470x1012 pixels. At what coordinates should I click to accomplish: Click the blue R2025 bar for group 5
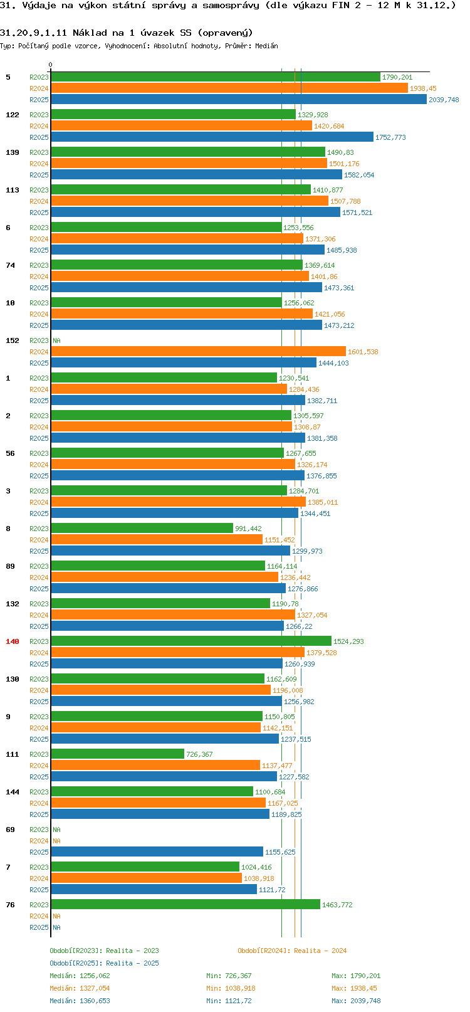pyautogui.click(x=238, y=100)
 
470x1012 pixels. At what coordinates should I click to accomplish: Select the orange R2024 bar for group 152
pyautogui.click(x=198, y=352)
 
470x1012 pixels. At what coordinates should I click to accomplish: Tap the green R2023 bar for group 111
pyautogui.click(x=117, y=754)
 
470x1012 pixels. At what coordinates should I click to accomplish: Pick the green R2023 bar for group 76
pyautogui.click(x=185, y=905)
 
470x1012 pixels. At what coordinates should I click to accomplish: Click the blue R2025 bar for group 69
pyautogui.click(x=157, y=852)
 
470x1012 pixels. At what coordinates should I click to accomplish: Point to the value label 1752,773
pyautogui.click(x=390, y=137)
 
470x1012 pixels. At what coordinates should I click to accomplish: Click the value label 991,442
pyautogui.click(x=248, y=529)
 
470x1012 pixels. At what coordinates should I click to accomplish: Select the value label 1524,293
pyautogui.click(x=348, y=641)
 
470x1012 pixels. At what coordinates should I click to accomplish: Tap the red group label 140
pyautogui.click(x=13, y=641)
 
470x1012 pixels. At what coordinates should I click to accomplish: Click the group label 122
pyautogui.click(x=13, y=115)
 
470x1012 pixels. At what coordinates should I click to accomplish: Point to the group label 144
pyautogui.click(x=13, y=792)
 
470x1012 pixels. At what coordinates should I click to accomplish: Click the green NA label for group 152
pyautogui.click(x=56, y=340)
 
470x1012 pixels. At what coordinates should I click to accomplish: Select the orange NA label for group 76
pyautogui.click(x=56, y=916)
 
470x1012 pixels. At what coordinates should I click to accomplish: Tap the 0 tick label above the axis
pyautogui.click(x=50, y=65)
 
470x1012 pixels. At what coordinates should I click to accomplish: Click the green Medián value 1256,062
pyautogui.click(x=95, y=976)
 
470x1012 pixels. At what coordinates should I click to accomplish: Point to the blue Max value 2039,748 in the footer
pyautogui.click(x=365, y=1001)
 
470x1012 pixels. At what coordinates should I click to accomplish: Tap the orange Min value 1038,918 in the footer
pyautogui.click(x=240, y=989)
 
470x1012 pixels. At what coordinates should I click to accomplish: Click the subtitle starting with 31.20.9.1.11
pyautogui.click(x=127, y=33)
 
